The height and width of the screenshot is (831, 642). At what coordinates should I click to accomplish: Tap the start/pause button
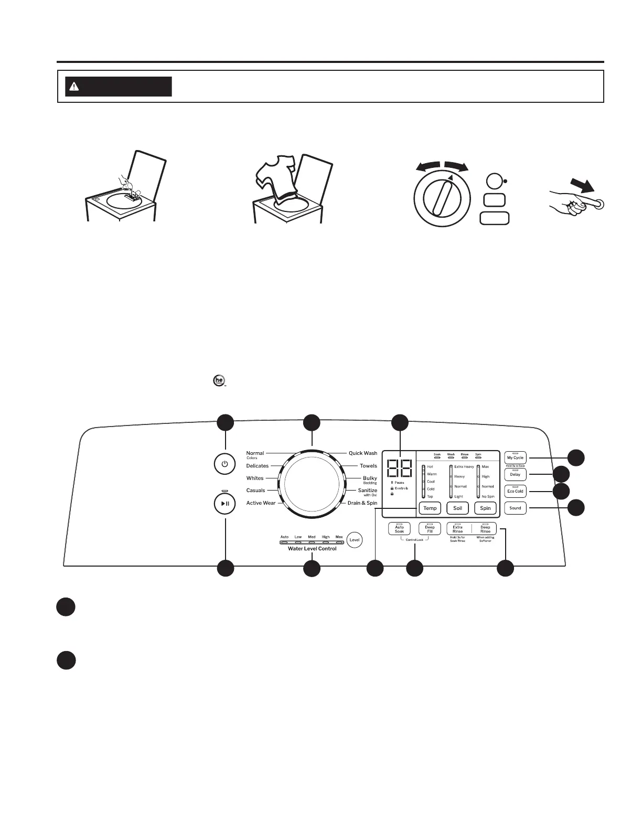point(224,503)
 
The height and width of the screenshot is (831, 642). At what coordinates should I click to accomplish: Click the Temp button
point(430,508)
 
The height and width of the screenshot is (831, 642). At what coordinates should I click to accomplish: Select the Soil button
point(457,508)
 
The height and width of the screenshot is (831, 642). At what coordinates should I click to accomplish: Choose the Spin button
point(485,508)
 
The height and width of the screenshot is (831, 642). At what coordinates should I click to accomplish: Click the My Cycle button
point(515,457)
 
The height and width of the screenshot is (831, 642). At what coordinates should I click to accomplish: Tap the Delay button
point(515,474)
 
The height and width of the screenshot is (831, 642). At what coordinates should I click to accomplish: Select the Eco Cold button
point(515,491)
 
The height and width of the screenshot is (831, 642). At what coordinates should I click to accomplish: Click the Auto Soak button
point(399,529)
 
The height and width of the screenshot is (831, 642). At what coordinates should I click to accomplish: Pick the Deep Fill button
point(430,529)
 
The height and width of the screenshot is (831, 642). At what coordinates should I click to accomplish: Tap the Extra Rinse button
point(458,529)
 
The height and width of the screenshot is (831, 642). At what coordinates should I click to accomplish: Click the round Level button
point(355,540)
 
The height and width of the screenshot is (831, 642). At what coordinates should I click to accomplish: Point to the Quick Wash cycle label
point(363,453)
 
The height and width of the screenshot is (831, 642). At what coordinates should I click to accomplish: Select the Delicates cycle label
point(258,466)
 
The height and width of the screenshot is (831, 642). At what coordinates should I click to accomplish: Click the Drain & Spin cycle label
point(362,503)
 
